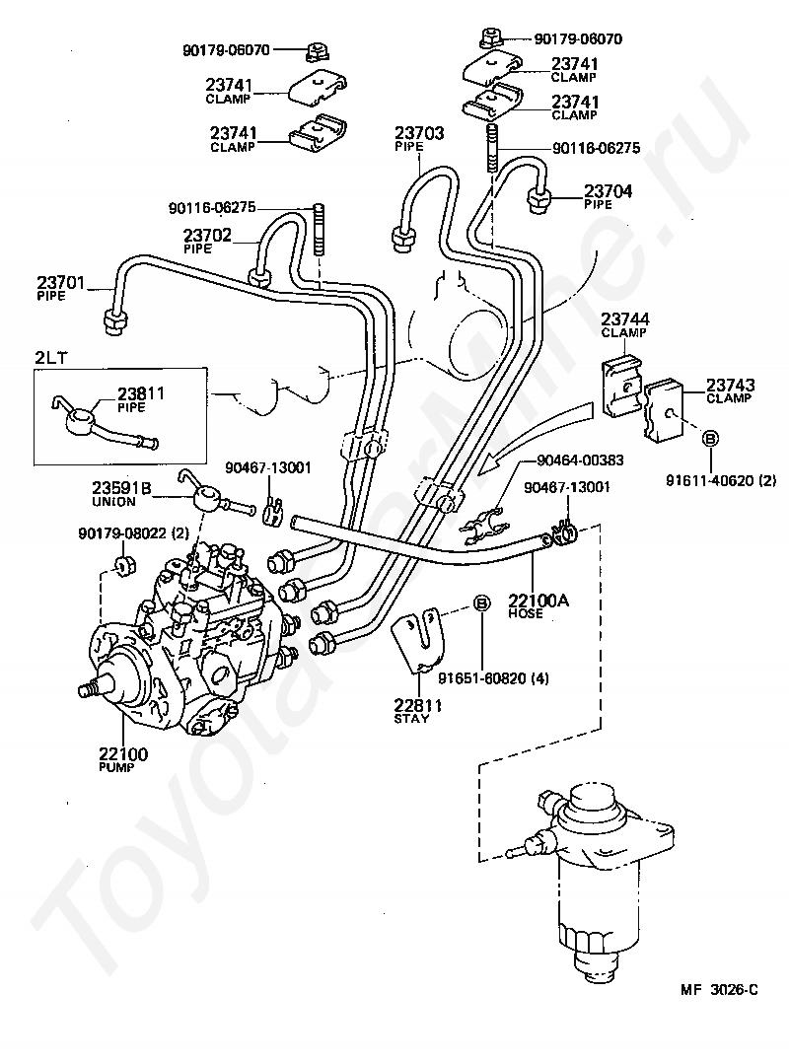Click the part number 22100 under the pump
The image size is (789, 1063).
[x=123, y=753]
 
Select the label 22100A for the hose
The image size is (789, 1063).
[x=538, y=600]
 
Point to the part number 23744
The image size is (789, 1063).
[x=625, y=318]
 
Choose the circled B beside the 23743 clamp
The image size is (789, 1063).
[x=710, y=438]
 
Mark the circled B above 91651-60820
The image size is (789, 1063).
[x=480, y=602]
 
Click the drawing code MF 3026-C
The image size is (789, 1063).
[x=720, y=990]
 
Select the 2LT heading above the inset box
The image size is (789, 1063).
[x=51, y=357]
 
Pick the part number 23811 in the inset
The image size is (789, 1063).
[x=141, y=393]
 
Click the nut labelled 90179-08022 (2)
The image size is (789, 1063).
[x=122, y=565]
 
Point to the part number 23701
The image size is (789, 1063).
[x=61, y=282]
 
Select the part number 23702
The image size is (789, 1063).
[x=207, y=235]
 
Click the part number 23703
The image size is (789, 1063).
[x=419, y=133]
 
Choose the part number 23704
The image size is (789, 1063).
[x=609, y=190]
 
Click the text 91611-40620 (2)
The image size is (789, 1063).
[x=721, y=480]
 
